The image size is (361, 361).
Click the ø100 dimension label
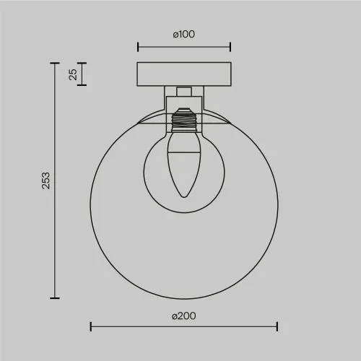(x=184, y=34)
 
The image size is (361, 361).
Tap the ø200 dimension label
(x=184, y=316)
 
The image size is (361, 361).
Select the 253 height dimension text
(x=45, y=180)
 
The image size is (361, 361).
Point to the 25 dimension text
(x=73, y=74)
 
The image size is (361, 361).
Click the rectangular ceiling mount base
(x=184, y=74)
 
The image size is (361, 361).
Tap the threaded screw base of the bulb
(x=184, y=121)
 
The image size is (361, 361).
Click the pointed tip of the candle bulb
(x=184, y=197)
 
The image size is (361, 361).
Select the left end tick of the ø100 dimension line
(x=138, y=47)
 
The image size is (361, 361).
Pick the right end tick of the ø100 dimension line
(x=230, y=47)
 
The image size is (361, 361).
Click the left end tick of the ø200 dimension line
(x=91, y=326)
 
